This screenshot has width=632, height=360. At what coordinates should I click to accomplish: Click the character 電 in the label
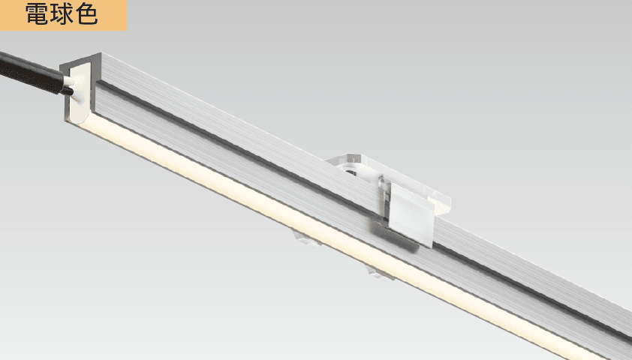36,13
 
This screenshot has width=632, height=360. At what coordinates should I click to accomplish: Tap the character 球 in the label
62,13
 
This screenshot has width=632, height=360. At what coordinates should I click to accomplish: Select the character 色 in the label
87,13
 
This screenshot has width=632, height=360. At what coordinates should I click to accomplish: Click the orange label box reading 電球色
63,15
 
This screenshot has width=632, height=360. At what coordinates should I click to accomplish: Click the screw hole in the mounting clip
350,172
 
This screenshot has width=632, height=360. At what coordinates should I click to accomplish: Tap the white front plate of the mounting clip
411,214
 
